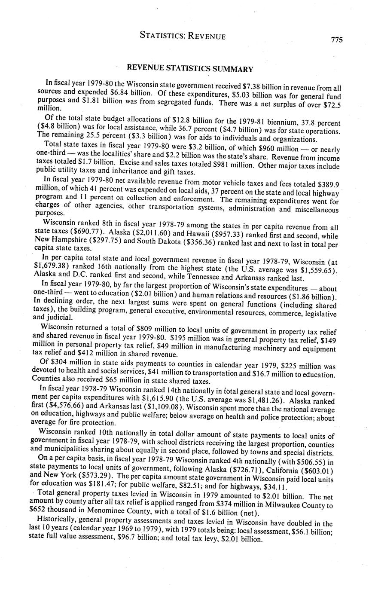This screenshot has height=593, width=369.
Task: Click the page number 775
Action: pyautogui.click(x=337, y=40)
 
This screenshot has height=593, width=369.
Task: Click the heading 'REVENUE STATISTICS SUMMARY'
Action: pyautogui.click(x=190, y=69)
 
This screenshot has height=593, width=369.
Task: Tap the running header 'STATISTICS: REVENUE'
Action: pyautogui.click(x=183, y=36)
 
